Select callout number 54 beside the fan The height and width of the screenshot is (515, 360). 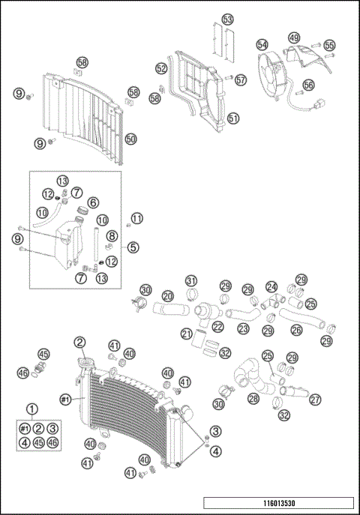click(262, 45)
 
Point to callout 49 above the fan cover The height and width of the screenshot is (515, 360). click(294, 37)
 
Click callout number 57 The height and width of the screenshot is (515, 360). click(241, 79)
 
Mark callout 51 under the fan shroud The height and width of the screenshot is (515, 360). click(233, 118)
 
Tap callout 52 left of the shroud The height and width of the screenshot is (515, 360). click(161, 68)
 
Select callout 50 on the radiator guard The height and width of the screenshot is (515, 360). click(130, 139)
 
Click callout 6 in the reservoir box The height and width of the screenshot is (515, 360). click(93, 202)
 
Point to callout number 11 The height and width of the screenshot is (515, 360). click(136, 218)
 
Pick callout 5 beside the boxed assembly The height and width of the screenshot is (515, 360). click(133, 247)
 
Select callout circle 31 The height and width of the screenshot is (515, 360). click(191, 281)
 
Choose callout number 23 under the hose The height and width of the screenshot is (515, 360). click(242, 328)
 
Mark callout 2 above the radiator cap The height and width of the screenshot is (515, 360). click(79, 343)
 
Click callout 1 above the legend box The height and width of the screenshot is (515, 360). click(31, 409)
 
